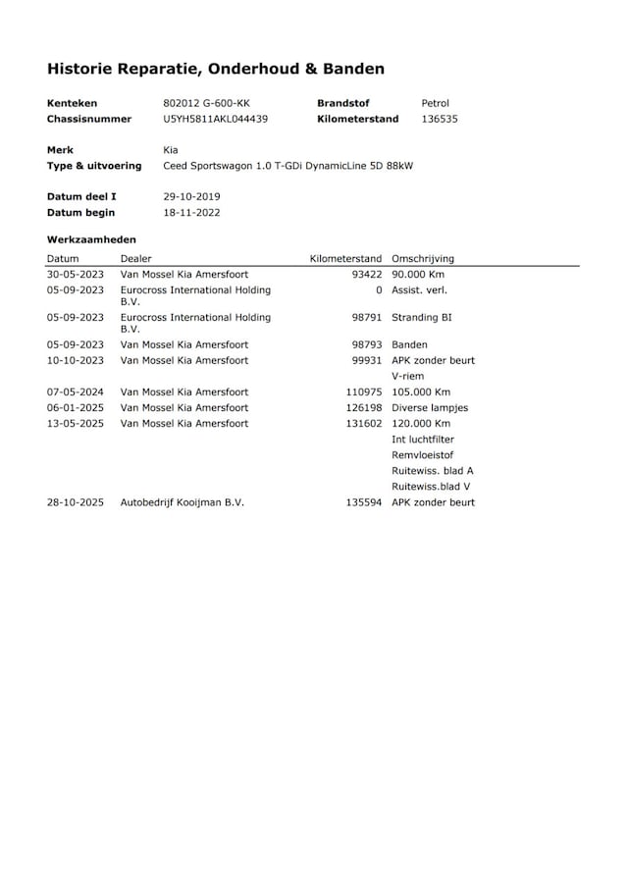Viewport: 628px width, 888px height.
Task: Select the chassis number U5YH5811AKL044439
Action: point(215,119)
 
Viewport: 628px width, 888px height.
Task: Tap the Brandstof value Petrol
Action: point(435,103)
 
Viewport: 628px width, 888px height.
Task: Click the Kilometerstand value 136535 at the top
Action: point(439,119)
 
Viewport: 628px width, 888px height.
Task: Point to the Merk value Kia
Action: point(171,150)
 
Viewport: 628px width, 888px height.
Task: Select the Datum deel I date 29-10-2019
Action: point(191,196)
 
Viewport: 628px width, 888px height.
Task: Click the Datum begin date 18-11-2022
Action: point(191,212)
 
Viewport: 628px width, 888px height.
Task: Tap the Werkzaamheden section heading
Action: point(91,238)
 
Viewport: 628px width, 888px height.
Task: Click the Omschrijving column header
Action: point(422,258)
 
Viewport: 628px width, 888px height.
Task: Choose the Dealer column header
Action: point(135,258)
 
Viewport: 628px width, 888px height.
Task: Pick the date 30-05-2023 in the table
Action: point(76,275)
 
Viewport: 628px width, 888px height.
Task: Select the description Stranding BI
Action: point(421,318)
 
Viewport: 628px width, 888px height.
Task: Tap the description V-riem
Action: point(407,376)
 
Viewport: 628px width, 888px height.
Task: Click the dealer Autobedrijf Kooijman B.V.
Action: point(182,502)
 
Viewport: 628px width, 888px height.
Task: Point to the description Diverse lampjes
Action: point(430,407)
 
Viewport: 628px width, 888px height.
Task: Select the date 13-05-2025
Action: point(76,423)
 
